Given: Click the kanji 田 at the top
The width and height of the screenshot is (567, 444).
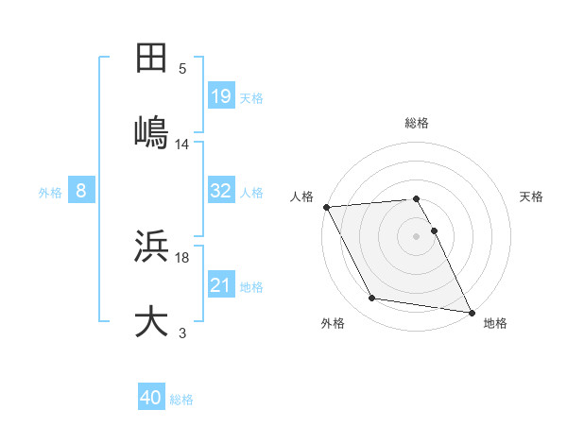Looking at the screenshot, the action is click(x=152, y=59).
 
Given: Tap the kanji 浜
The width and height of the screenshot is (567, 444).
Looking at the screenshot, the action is click(x=152, y=248).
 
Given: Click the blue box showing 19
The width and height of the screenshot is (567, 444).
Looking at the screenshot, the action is click(x=221, y=95).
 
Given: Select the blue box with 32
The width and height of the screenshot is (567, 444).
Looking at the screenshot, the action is click(x=221, y=191).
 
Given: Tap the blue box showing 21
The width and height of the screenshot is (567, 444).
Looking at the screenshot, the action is click(x=221, y=285).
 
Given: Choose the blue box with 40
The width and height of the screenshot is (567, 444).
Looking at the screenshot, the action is click(x=151, y=398).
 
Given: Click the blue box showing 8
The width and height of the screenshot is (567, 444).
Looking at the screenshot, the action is click(x=81, y=191).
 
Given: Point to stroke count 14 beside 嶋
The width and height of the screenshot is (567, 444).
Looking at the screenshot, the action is click(x=182, y=144).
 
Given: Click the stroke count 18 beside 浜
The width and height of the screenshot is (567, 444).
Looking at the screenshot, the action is click(x=182, y=257).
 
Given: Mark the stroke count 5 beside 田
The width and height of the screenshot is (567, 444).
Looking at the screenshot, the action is click(x=182, y=68).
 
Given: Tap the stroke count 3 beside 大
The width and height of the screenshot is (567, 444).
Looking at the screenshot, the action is click(x=182, y=333).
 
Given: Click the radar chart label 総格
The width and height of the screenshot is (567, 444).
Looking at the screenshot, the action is click(x=416, y=123).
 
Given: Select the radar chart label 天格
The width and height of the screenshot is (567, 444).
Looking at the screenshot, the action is click(x=532, y=196).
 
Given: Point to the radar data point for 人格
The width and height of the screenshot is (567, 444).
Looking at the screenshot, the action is click(x=326, y=207).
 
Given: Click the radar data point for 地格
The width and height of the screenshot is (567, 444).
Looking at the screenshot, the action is click(x=470, y=311).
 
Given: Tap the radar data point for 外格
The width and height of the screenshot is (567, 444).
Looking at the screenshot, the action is click(x=372, y=299).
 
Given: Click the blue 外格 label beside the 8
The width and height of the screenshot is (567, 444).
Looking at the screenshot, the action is click(x=50, y=192).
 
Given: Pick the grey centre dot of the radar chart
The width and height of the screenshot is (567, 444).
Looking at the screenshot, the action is click(x=416, y=235).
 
